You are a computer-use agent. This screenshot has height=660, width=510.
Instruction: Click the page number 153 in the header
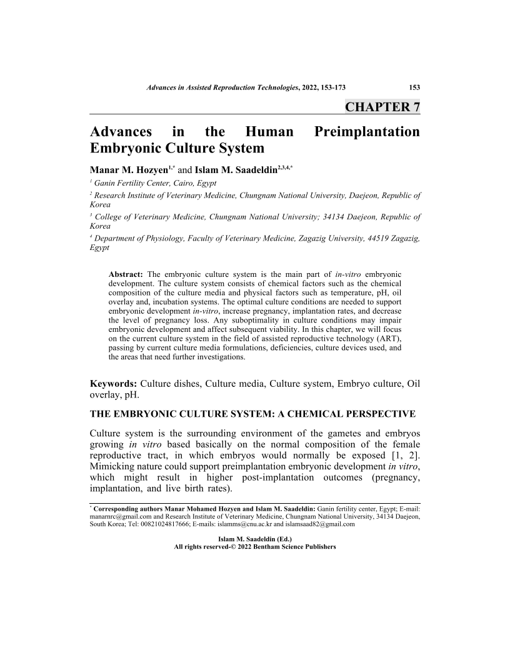coord(414,88)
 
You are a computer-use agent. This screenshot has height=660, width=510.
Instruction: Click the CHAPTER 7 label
coord(382,106)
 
